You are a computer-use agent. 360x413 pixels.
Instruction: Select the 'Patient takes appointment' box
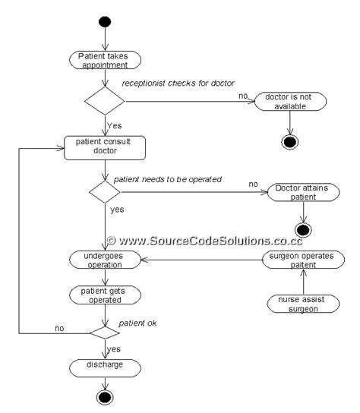[x=104, y=61]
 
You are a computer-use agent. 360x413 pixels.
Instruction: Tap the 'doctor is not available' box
[x=289, y=102]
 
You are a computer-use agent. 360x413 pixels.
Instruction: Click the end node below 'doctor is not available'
[x=289, y=142]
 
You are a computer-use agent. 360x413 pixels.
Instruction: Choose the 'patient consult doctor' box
[x=104, y=147]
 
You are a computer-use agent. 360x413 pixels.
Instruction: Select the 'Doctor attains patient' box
[x=302, y=192]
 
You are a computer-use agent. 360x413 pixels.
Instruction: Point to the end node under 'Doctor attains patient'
[x=302, y=230]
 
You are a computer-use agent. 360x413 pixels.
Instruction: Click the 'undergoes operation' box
[x=104, y=260]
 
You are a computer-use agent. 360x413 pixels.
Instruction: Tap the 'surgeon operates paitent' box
[x=302, y=260]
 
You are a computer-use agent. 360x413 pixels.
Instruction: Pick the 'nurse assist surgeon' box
[x=302, y=304]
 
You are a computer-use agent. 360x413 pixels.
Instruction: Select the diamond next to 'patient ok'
[x=104, y=332]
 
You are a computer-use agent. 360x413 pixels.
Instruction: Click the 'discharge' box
[x=104, y=367]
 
